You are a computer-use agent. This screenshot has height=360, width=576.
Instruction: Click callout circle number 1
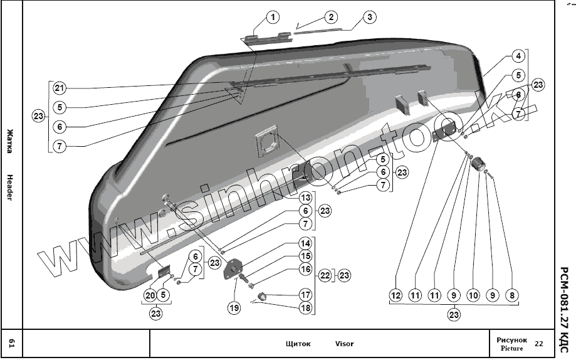272,18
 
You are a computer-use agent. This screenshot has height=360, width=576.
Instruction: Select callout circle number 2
331,17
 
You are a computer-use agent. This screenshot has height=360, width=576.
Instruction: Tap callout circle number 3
370,17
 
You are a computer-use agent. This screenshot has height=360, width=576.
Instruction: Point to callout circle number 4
517,56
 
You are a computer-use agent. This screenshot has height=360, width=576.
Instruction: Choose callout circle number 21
59,87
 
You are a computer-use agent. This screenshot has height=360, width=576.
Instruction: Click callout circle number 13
305,198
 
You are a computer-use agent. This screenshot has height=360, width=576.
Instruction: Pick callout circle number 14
305,243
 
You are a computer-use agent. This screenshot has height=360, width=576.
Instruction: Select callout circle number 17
305,294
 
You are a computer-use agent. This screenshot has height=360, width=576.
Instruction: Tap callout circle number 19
234,307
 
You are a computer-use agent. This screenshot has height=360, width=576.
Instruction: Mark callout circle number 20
150,295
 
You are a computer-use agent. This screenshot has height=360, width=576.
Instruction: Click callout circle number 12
395,295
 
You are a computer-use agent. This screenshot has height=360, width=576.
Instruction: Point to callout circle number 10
473,295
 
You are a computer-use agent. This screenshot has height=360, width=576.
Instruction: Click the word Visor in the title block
344,344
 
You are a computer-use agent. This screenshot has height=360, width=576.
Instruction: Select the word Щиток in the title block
298,344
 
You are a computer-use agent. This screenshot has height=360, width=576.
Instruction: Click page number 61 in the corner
11,343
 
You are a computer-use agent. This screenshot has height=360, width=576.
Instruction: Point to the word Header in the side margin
11,186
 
